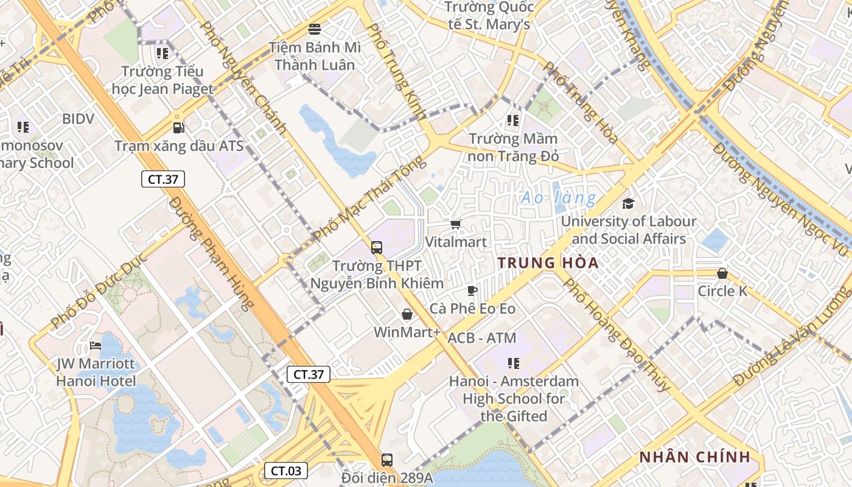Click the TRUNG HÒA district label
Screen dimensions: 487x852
click(548, 263)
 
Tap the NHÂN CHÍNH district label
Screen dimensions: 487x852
click(693, 457)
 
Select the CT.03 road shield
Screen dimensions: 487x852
click(285, 471)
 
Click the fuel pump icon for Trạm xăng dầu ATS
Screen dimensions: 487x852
click(178, 128)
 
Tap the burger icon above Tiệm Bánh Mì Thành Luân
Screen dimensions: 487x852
click(315, 29)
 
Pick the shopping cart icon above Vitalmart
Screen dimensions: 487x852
click(456, 224)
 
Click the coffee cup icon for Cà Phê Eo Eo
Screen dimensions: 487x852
click(472, 290)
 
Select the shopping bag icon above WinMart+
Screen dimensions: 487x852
click(407, 314)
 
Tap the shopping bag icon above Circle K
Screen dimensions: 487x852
click(722, 273)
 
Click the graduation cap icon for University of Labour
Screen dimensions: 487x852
click(627, 203)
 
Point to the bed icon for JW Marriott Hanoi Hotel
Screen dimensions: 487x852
click(96, 346)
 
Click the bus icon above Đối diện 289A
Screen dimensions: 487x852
click(386, 460)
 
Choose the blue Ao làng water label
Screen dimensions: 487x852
click(559, 198)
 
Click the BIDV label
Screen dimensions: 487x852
click(78, 119)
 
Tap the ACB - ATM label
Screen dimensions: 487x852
click(481, 338)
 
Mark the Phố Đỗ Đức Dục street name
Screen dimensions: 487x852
click(100, 295)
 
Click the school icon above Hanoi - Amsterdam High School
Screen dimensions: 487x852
click(514, 363)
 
